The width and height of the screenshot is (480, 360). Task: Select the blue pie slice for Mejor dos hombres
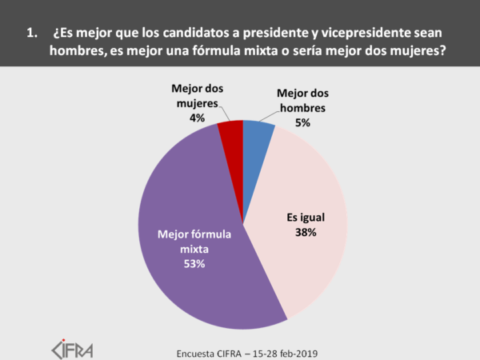pos(256,138)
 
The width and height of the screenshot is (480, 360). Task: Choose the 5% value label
pos(302,123)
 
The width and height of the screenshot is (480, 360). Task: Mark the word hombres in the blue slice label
pos(302,109)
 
